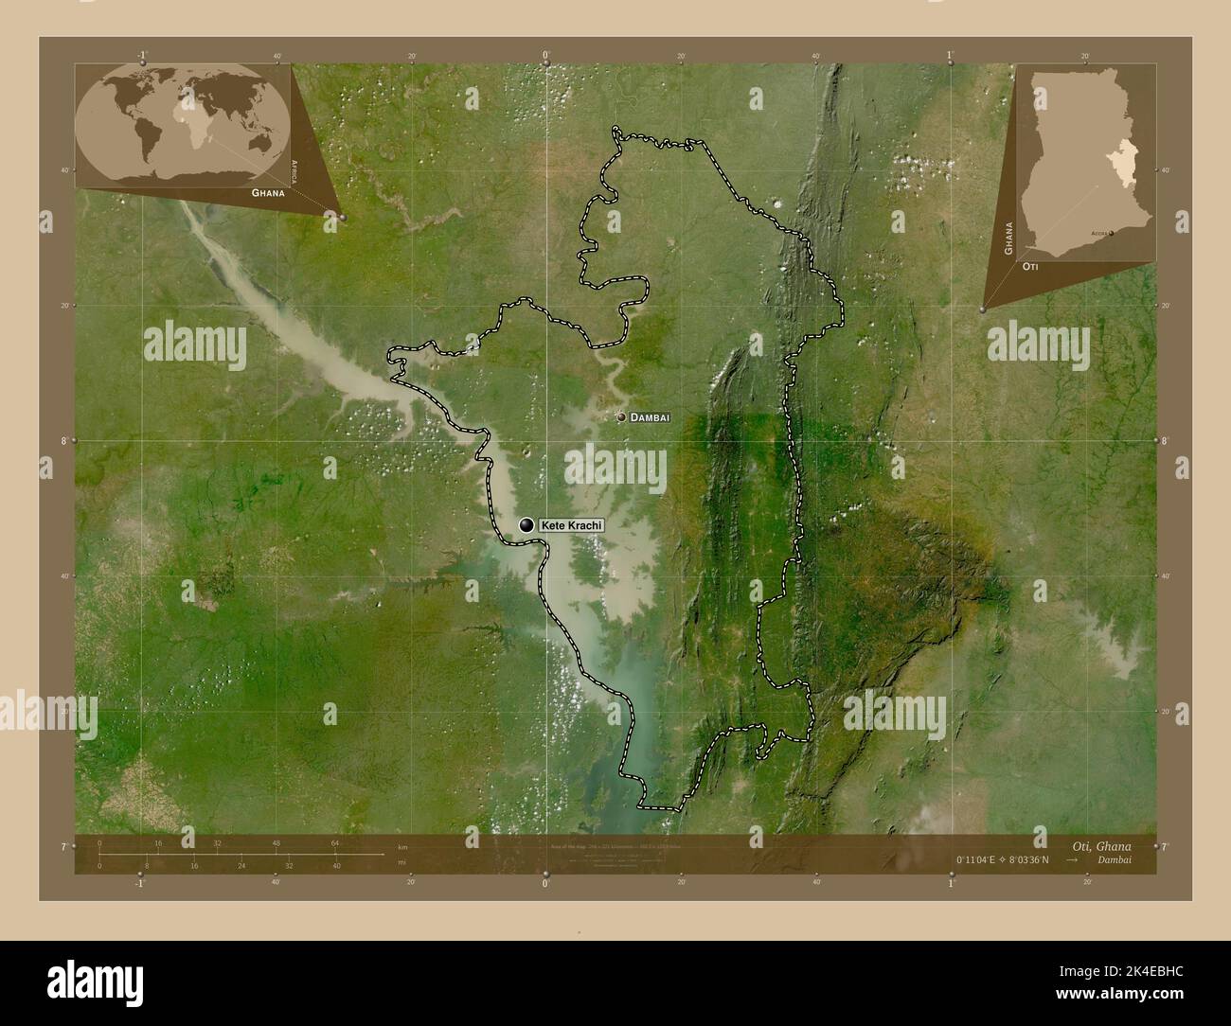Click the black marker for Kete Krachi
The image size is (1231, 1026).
(x=526, y=525)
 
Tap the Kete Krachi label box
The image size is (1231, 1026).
(x=570, y=525)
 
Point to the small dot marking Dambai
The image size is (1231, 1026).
(x=621, y=416)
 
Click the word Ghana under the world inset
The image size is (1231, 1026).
(x=268, y=192)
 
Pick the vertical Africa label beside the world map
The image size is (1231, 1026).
(x=294, y=169)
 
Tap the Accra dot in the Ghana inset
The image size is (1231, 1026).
(x=1111, y=232)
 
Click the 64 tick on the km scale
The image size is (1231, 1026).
(x=334, y=842)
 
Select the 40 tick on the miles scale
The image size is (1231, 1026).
(x=336, y=865)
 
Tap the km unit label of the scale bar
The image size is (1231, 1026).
(x=401, y=846)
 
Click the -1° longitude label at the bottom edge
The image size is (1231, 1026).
(x=140, y=884)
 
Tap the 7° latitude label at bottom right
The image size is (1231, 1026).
(x=1164, y=846)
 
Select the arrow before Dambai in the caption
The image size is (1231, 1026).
(x=1072, y=860)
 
